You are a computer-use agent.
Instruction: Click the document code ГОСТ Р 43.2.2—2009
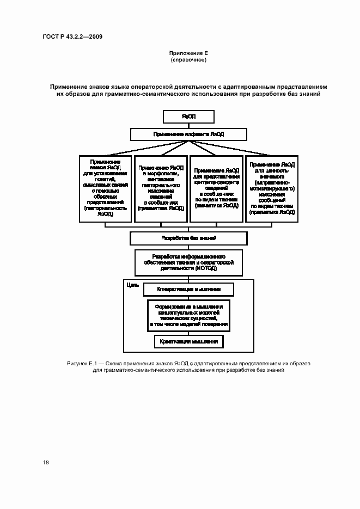point(72,36)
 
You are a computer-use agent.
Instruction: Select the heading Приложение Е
point(188,53)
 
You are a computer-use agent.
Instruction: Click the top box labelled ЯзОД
point(188,117)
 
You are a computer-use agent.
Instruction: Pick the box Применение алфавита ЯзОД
point(188,134)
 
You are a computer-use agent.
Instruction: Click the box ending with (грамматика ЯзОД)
point(161,188)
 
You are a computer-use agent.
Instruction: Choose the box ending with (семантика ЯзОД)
point(216,188)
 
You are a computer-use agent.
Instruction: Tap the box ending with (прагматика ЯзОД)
point(272,188)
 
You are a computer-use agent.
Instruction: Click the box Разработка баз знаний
point(188,238)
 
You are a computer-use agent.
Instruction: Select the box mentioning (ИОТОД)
point(188,262)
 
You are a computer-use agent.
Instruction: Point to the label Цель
point(131,285)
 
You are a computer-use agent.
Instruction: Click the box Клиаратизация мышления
point(188,290)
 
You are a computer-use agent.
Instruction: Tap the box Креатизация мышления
point(188,342)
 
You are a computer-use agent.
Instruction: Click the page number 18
point(46,462)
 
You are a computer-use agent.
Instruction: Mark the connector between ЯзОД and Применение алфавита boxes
point(188,126)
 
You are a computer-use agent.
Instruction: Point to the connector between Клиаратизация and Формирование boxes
point(188,298)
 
